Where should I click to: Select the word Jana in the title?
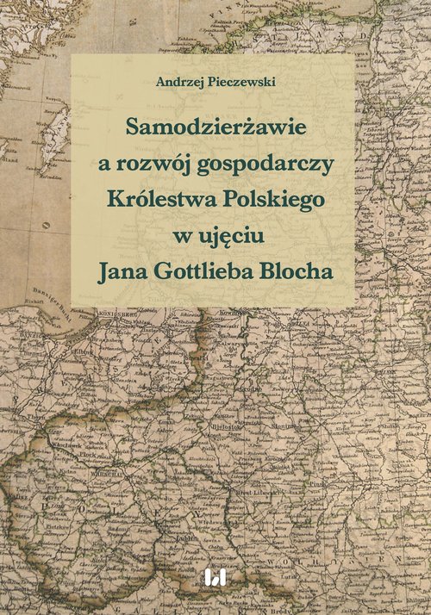[x=125, y=270]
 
